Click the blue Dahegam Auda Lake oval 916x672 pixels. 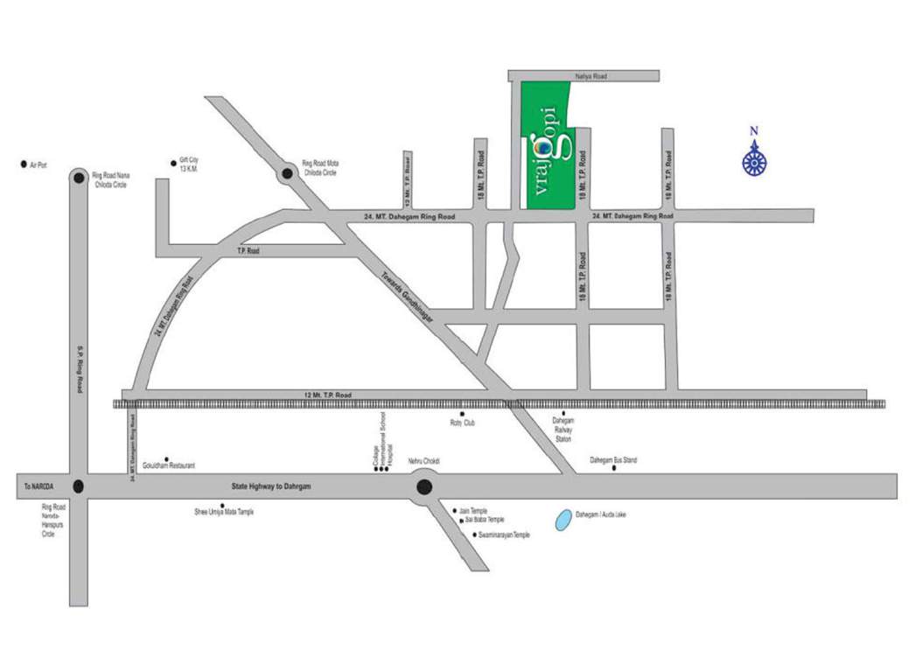pyautogui.click(x=564, y=520)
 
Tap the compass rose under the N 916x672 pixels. pyautogui.click(x=753, y=162)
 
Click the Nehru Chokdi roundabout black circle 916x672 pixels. pyautogui.click(x=424, y=487)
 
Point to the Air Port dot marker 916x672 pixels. pyautogui.click(x=24, y=164)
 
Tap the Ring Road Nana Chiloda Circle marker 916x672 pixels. pyautogui.click(x=79, y=178)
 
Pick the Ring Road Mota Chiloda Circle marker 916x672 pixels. pyautogui.click(x=287, y=175)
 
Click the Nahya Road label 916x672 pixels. pyautogui.click(x=590, y=77)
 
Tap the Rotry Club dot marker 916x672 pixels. pyautogui.click(x=462, y=413)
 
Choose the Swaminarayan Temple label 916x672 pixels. pyautogui.click(x=505, y=535)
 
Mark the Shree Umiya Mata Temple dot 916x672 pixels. pyautogui.click(x=223, y=505)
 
